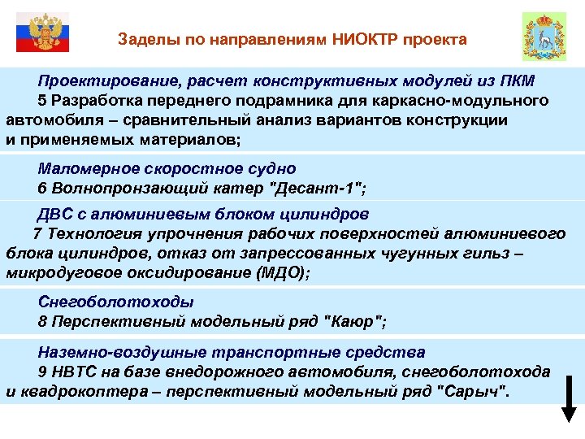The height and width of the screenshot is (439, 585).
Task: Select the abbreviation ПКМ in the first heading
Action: tap(517, 82)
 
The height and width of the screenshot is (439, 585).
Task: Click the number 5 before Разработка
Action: tap(42, 101)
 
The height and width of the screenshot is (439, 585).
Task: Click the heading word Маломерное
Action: tap(85, 169)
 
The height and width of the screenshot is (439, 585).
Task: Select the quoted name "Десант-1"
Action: tap(319, 189)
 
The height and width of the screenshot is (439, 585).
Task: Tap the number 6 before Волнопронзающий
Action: tap(42, 189)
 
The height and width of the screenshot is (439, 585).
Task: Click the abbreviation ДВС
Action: tap(56, 215)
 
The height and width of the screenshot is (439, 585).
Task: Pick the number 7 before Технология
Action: tap(37, 234)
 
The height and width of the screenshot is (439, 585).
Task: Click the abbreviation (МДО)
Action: tap(280, 272)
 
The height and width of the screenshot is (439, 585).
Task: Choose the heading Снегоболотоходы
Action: tap(115, 302)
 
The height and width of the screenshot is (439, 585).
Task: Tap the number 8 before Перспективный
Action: tap(42, 321)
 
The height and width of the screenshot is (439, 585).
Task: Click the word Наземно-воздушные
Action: tap(119, 353)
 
